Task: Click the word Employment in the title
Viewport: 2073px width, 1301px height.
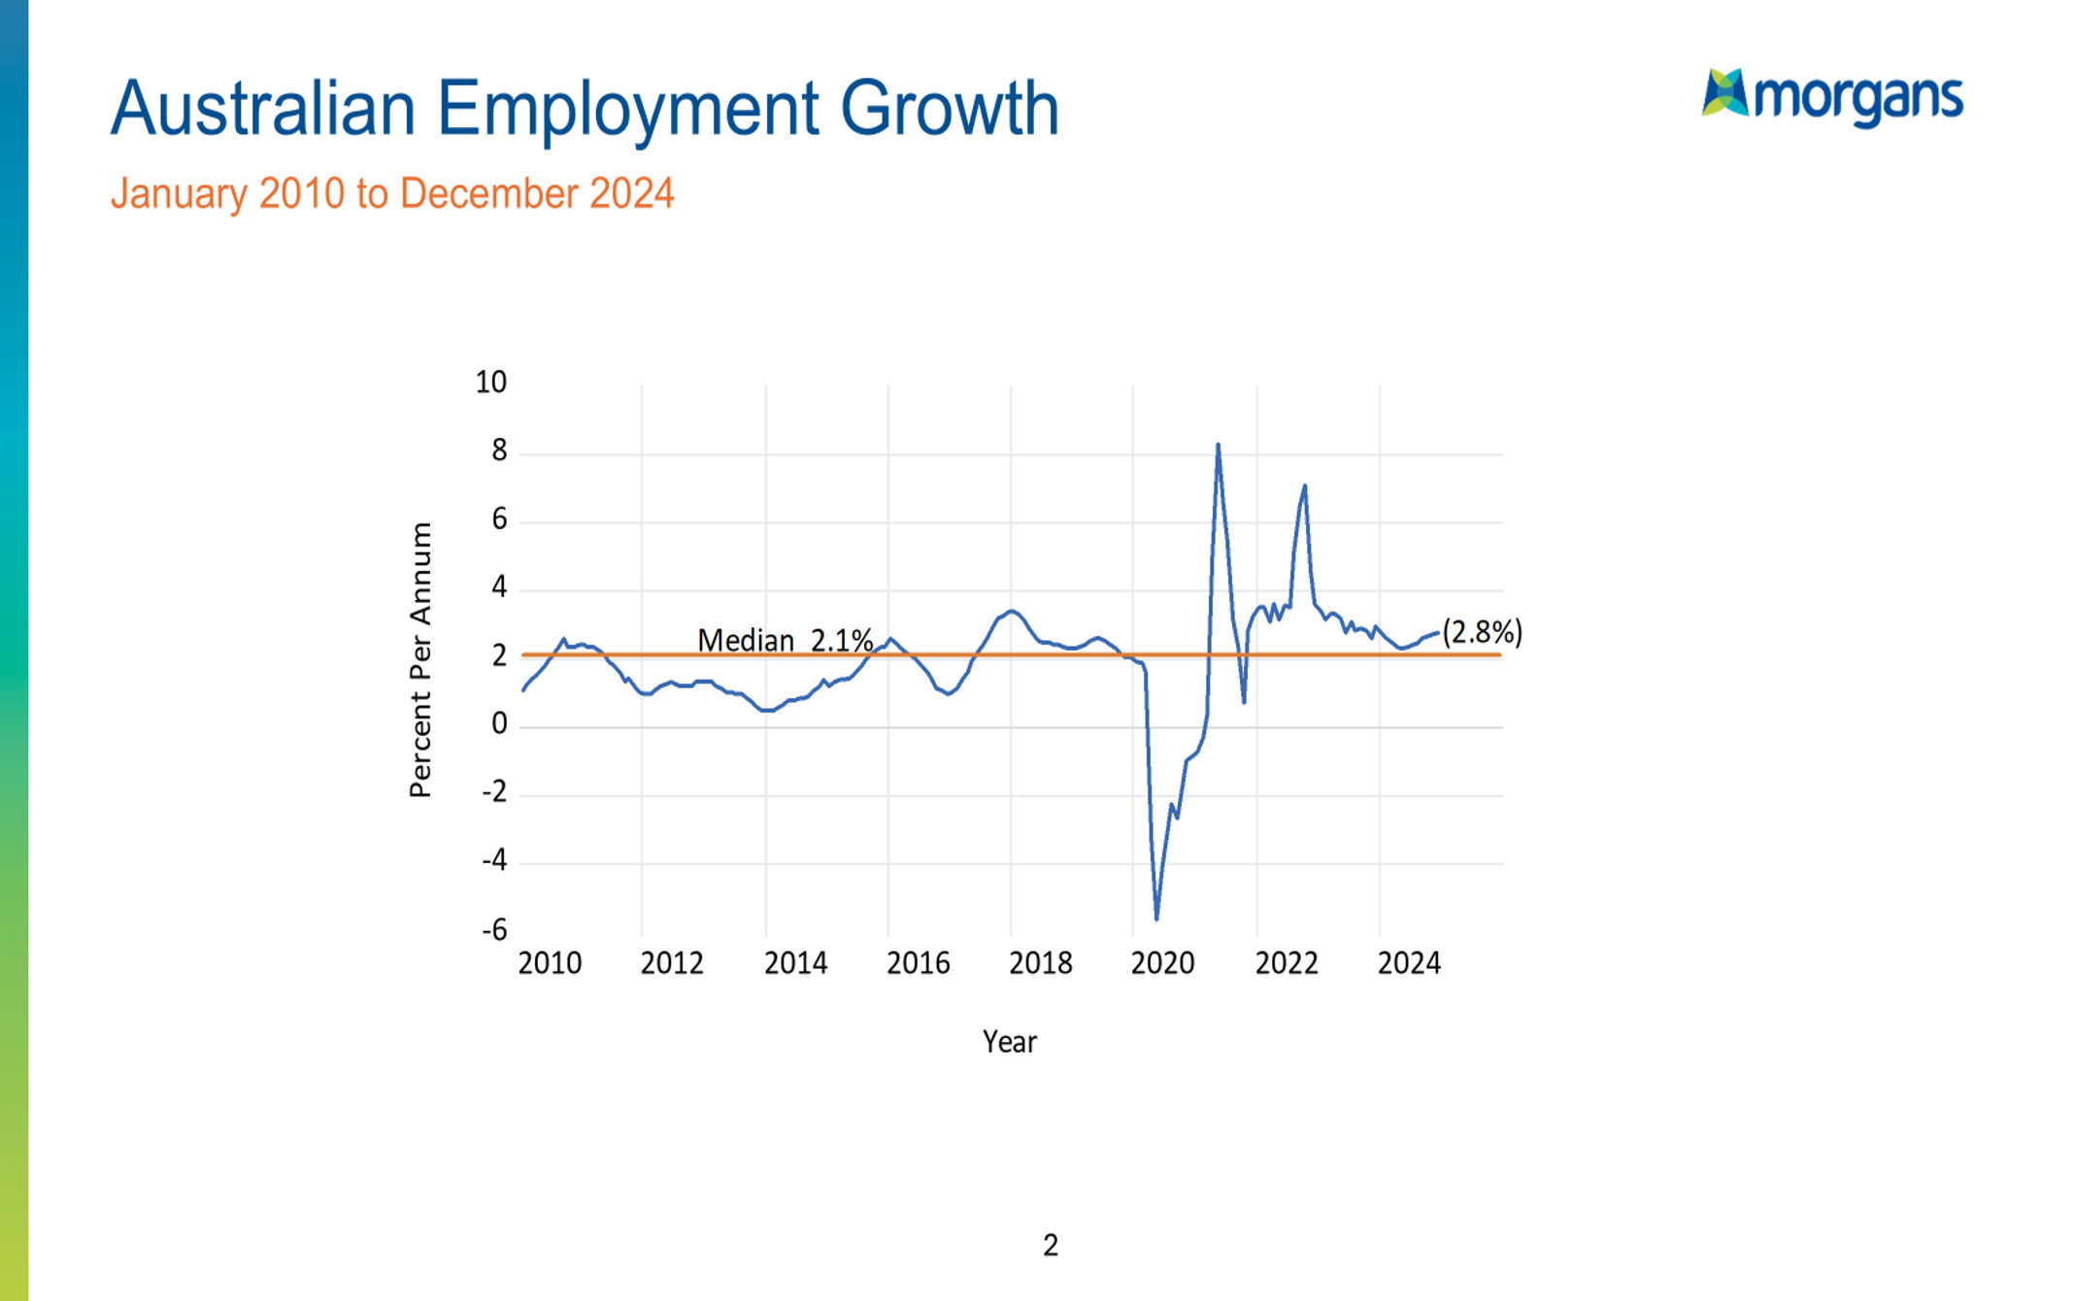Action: tap(627, 109)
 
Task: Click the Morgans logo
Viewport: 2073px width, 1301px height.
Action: tap(1831, 96)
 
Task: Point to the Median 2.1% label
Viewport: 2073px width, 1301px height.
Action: tap(785, 641)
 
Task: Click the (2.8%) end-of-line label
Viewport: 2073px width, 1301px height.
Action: tap(1482, 632)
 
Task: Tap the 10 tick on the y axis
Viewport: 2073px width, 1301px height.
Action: tap(490, 383)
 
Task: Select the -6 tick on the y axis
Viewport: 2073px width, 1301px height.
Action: tap(494, 930)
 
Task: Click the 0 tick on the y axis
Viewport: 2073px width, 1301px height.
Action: tap(499, 724)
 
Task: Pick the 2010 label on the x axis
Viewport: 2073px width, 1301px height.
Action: tap(550, 963)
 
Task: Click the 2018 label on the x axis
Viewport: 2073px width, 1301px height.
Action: tap(1040, 963)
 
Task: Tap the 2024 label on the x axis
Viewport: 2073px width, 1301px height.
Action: tap(1409, 963)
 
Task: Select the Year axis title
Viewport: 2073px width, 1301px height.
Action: tap(1009, 1042)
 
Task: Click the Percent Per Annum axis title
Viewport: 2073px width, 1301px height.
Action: tap(419, 660)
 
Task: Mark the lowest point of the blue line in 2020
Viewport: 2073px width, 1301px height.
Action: tap(1156, 917)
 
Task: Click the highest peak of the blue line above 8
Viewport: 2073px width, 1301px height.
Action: tap(1218, 446)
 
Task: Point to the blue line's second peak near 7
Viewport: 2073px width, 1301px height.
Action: tap(1304, 486)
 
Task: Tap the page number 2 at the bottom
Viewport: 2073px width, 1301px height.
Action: tap(1050, 1246)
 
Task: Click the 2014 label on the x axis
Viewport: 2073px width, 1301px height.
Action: tap(795, 963)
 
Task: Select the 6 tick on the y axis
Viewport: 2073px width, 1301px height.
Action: tap(499, 519)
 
